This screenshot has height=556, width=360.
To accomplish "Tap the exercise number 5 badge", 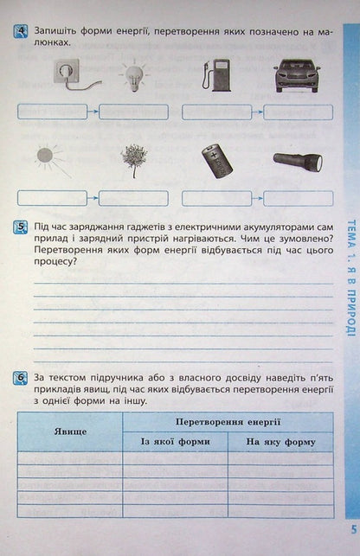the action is [x=22, y=228].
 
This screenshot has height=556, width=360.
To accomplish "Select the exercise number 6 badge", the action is [x=22, y=379].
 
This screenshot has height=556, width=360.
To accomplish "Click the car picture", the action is [x=296, y=75].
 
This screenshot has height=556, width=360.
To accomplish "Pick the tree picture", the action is [x=133, y=161].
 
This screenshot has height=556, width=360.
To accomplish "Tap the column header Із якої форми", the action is [x=175, y=442].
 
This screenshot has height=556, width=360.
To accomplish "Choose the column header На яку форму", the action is [x=280, y=442].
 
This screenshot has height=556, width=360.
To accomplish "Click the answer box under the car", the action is [x=298, y=112].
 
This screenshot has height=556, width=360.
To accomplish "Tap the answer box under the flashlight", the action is [x=298, y=197].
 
